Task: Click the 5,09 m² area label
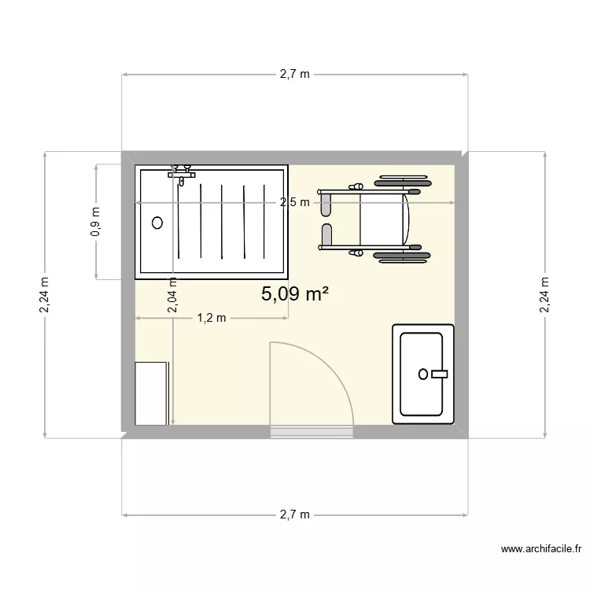(x=294, y=294)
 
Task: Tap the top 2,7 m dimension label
(x=295, y=75)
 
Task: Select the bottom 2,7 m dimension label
(x=295, y=515)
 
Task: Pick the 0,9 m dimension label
(x=96, y=222)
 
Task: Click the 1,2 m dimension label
(x=211, y=318)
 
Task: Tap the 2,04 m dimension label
(x=172, y=297)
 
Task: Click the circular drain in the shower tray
(x=157, y=223)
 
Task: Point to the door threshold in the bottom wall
(x=311, y=430)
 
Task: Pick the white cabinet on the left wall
(x=150, y=393)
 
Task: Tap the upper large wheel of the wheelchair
(x=403, y=183)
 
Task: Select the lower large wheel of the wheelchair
(x=403, y=256)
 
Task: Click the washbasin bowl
(x=423, y=374)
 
